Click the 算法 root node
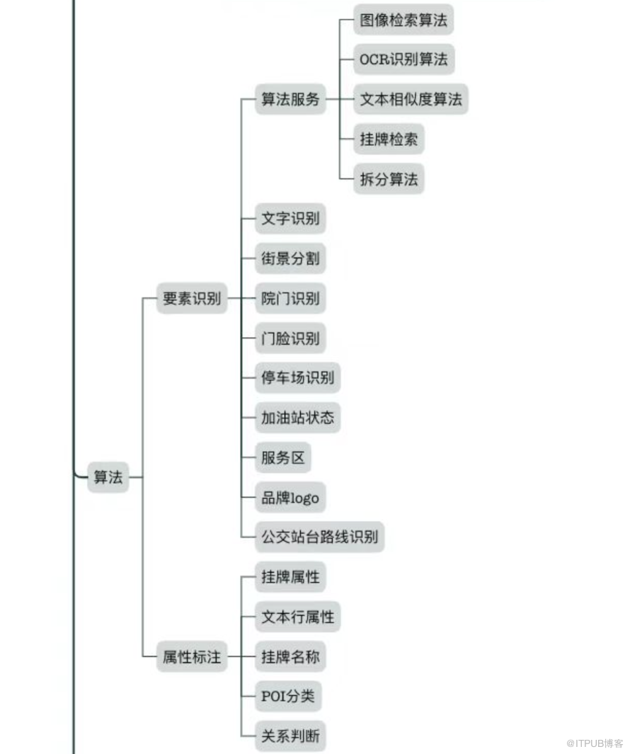(x=108, y=477)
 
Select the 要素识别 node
(x=192, y=299)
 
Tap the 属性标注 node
(x=192, y=657)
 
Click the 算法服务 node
(x=290, y=100)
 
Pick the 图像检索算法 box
(x=403, y=20)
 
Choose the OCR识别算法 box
(x=403, y=59)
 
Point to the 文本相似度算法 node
(x=411, y=100)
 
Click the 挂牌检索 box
(x=389, y=139)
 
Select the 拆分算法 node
(x=389, y=179)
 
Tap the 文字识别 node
(x=290, y=219)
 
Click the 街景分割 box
(x=290, y=258)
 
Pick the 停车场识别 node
(x=297, y=377)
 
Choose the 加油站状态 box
(x=297, y=418)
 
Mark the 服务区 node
(x=283, y=457)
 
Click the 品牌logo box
(x=290, y=498)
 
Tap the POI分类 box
(x=287, y=697)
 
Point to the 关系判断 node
(x=290, y=736)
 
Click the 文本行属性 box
(x=297, y=617)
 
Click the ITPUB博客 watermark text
(x=595, y=743)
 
